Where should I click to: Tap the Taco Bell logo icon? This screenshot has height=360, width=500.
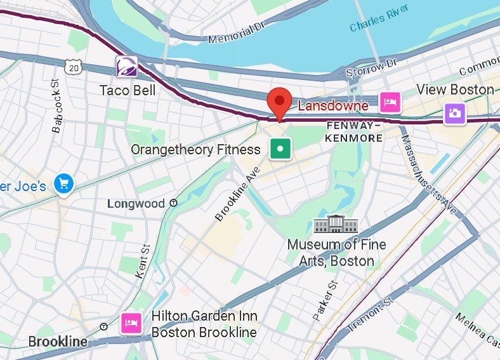point(127,67)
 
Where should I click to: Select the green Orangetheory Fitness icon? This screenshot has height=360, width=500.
point(280,149)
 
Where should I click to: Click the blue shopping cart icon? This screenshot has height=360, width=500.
point(63,184)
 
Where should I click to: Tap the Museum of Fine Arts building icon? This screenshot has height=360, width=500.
point(336,225)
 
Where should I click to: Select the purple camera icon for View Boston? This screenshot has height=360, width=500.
point(455,114)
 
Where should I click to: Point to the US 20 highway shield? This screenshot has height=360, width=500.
point(73,67)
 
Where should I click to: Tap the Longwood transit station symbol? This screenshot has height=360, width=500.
point(173,204)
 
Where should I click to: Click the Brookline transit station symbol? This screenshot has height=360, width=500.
point(103,327)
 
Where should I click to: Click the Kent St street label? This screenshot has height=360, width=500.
point(143,261)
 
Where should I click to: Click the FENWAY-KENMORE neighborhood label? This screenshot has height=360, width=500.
point(354,131)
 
